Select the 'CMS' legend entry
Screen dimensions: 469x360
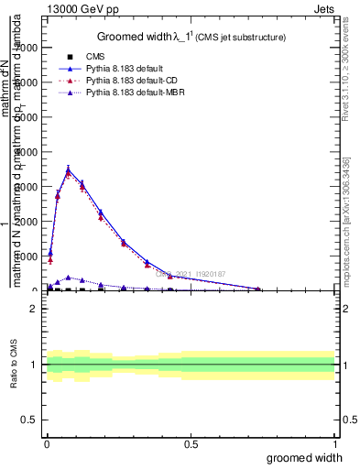(x=94, y=57)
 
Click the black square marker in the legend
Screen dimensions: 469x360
(x=70, y=57)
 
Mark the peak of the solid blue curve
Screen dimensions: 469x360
(x=69, y=168)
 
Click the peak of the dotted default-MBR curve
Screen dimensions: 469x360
(x=69, y=277)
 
